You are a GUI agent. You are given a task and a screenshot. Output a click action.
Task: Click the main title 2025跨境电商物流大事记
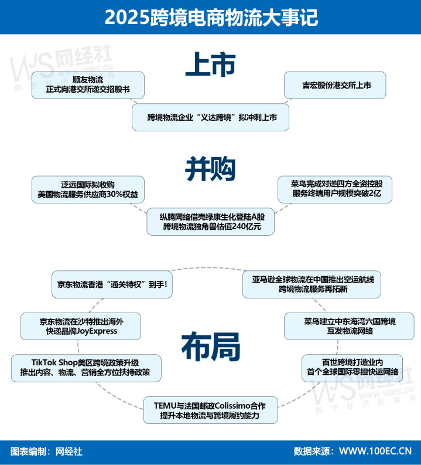(211, 17)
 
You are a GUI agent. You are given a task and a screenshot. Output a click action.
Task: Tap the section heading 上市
(211, 65)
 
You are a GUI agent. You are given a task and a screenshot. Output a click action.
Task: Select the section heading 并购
(211, 169)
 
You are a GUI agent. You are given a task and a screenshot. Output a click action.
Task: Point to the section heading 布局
(211, 347)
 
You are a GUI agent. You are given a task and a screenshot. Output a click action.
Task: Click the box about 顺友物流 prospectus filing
(88, 85)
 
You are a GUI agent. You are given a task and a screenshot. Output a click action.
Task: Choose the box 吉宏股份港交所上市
(335, 85)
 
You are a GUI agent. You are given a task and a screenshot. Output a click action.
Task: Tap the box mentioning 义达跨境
(211, 117)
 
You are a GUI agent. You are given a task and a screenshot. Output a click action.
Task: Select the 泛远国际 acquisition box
(88, 189)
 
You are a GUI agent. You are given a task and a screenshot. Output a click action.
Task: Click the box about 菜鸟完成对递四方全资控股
(335, 189)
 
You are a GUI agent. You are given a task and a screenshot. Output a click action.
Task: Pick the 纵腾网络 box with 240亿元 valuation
(211, 222)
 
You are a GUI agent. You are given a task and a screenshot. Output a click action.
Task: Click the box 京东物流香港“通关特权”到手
(112, 284)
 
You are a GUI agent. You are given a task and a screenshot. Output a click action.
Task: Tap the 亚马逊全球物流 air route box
(312, 284)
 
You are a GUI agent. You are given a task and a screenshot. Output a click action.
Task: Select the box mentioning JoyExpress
(81, 326)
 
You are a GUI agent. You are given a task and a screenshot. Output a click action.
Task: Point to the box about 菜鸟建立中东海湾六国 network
(350, 326)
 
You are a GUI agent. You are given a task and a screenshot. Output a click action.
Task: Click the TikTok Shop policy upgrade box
(86, 368)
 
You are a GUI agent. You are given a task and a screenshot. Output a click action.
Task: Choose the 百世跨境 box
(352, 368)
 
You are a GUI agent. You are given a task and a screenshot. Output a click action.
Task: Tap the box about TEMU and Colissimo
(211, 410)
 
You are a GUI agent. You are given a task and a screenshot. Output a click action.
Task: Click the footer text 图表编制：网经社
(46, 452)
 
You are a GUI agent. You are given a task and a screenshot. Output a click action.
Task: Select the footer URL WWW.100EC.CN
(375, 451)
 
